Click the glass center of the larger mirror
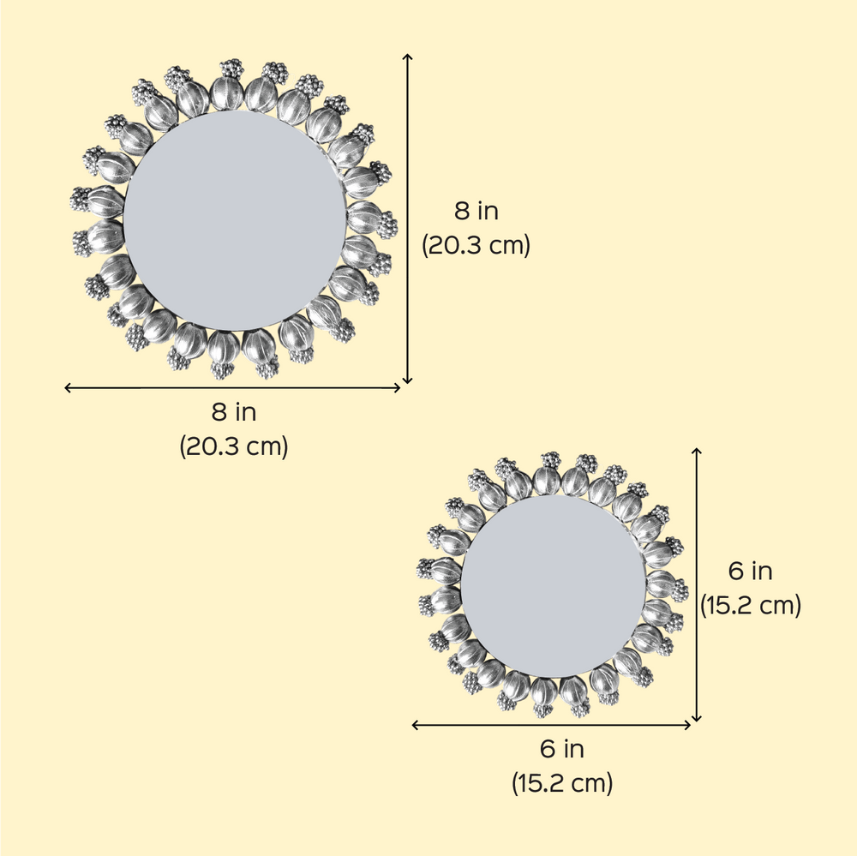coord(235,220)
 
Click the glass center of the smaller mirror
coord(553,586)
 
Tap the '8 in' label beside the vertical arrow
coord(476,211)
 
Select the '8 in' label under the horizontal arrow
coord(234,412)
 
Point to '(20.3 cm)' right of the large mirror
coord(476,245)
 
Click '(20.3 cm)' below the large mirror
coord(234,446)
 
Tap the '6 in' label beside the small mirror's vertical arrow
coord(751,572)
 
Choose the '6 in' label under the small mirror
coord(562,749)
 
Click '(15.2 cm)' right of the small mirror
coord(751,606)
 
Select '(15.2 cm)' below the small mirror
coord(562,783)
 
